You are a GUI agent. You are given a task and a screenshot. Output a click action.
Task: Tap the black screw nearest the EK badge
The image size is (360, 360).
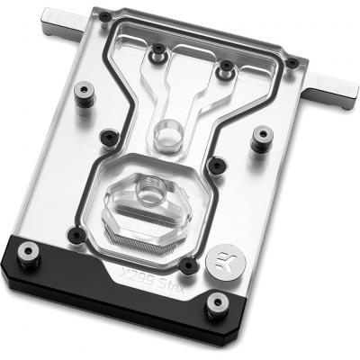(x=189, y=265)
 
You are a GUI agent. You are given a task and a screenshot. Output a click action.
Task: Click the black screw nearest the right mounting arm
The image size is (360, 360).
(x=292, y=62)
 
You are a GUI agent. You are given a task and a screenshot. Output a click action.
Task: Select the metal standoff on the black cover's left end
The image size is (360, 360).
(x=29, y=255)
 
